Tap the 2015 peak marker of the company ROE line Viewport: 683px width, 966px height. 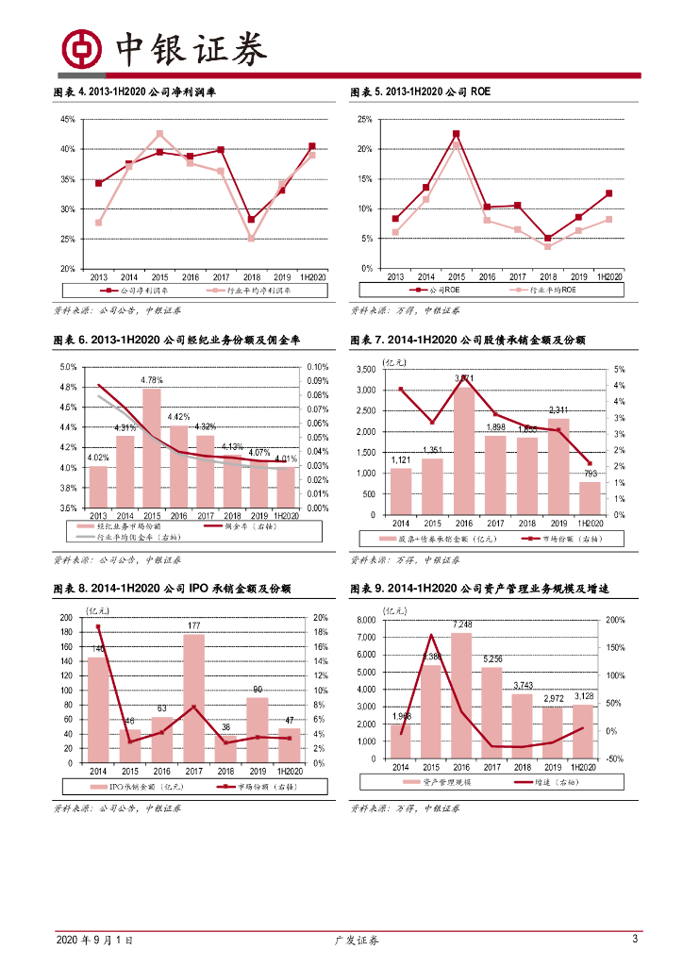click(x=456, y=134)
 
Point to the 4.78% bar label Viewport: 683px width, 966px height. click(x=151, y=380)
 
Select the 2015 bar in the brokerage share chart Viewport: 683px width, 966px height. click(x=151, y=448)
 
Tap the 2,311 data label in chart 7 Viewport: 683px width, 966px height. click(x=558, y=409)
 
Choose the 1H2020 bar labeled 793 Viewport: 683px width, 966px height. click(x=589, y=497)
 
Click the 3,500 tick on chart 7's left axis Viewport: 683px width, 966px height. click(x=367, y=370)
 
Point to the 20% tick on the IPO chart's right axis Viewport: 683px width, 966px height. click(x=319, y=618)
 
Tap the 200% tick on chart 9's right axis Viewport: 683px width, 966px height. click(x=614, y=620)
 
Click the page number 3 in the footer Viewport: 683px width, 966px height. click(x=634, y=939)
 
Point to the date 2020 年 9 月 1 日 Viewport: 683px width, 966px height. click(x=94, y=940)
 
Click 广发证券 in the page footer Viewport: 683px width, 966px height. click(x=358, y=940)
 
